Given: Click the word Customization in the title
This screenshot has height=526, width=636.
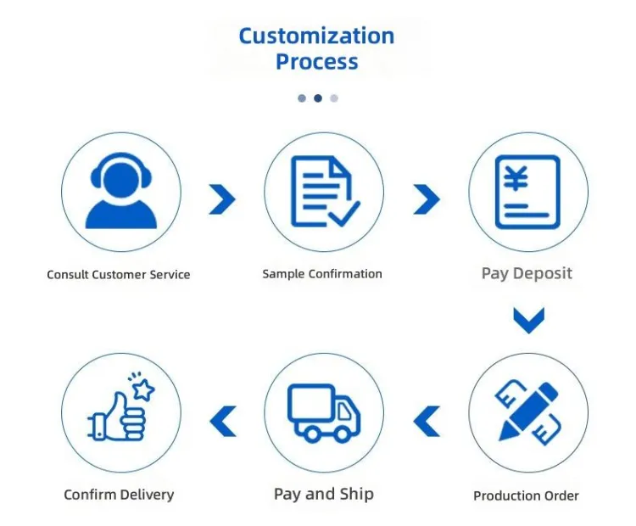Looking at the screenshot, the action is pyautogui.click(x=316, y=36).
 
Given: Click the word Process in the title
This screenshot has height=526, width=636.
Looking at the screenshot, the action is pyautogui.click(x=317, y=62).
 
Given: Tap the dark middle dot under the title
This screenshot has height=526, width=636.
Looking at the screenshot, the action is pyautogui.click(x=318, y=98).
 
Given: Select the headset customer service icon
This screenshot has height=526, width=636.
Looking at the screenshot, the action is pyautogui.click(x=121, y=190).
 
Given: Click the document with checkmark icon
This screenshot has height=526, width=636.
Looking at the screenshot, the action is pyautogui.click(x=325, y=191).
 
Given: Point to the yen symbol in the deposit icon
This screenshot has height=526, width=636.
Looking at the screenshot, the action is pyautogui.click(x=516, y=178).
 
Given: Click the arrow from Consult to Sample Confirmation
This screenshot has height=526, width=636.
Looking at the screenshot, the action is pyautogui.click(x=222, y=199).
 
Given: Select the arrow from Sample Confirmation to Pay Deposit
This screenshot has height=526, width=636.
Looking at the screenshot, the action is pyautogui.click(x=427, y=199).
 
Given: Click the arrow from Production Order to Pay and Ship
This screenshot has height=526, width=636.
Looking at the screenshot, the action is pyautogui.click(x=427, y=422).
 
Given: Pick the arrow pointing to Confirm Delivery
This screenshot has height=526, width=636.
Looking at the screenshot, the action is pyautogui.click(x=223, y=422).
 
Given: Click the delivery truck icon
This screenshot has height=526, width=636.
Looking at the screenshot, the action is pyautogui.click(x=324, y=413).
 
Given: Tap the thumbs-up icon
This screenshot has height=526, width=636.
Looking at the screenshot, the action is pyautogui.click(x=117, y=417).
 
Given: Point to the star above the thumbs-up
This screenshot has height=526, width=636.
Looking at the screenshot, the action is pyautogui.click(x=143, y=389).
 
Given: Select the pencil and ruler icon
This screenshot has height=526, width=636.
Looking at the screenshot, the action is pyautogui.click(x=527, y=411).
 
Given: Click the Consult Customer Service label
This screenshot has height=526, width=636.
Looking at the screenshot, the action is pyautogui.click(x=119, y=275).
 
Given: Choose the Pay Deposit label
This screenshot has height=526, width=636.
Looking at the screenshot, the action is pyautogui.click(x=527, y=273).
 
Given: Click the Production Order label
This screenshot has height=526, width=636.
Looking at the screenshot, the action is pyautogui.click(x=526, y=495).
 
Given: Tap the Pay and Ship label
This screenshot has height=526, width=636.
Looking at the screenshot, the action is pyautogui.click(x=324, y=495).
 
